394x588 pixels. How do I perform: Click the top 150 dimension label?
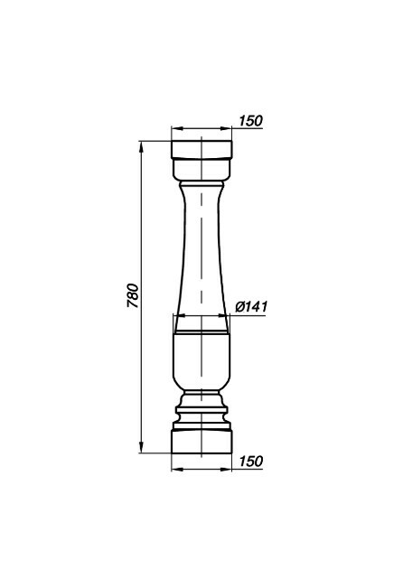250,121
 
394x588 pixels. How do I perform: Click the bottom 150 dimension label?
250,462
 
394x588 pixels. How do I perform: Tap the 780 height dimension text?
133,295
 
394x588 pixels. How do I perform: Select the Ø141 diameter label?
251,307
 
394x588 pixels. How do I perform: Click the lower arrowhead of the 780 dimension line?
141,447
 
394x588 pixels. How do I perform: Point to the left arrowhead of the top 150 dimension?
177,128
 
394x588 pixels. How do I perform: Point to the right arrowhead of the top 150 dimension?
226,128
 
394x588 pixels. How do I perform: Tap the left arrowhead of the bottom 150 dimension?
177,469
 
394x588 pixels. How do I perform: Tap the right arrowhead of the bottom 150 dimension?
226,469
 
